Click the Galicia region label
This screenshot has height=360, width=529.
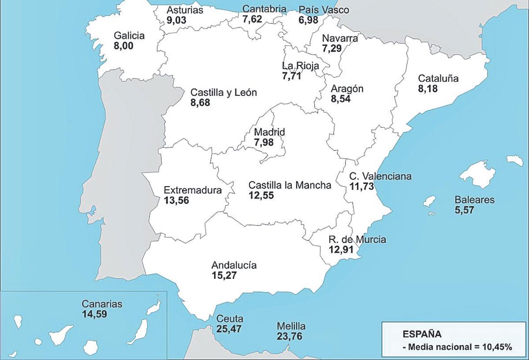129,36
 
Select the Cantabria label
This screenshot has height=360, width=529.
264,9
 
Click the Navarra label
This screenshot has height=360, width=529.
340,38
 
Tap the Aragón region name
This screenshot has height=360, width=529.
347,89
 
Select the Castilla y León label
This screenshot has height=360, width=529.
224,93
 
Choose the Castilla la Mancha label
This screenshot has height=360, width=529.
290,185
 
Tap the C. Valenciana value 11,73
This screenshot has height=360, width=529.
362,187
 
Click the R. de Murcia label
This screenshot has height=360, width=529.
357,240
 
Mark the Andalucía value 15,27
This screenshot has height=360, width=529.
224,276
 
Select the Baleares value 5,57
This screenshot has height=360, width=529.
464,210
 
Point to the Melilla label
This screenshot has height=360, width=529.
291,326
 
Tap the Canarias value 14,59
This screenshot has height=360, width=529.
94,314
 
